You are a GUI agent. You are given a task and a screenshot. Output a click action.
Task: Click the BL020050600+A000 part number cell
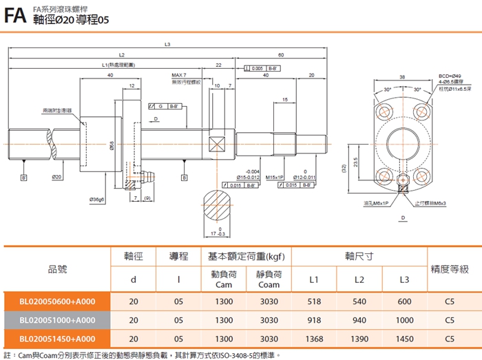57,301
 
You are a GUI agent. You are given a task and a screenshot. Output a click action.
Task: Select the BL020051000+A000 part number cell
57,320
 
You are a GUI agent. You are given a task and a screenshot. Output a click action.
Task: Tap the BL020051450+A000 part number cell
57,339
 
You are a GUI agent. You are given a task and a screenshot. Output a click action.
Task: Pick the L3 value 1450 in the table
405,339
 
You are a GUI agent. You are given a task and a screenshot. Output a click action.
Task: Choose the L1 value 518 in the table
314,301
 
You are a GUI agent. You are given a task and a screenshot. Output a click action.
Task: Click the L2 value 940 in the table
359,320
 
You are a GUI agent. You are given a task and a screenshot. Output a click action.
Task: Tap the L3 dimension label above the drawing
167,45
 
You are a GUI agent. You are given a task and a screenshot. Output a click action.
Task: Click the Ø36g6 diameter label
97,200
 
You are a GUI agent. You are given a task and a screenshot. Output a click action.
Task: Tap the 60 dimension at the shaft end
281,55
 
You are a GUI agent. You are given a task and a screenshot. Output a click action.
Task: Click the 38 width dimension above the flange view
402,77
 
